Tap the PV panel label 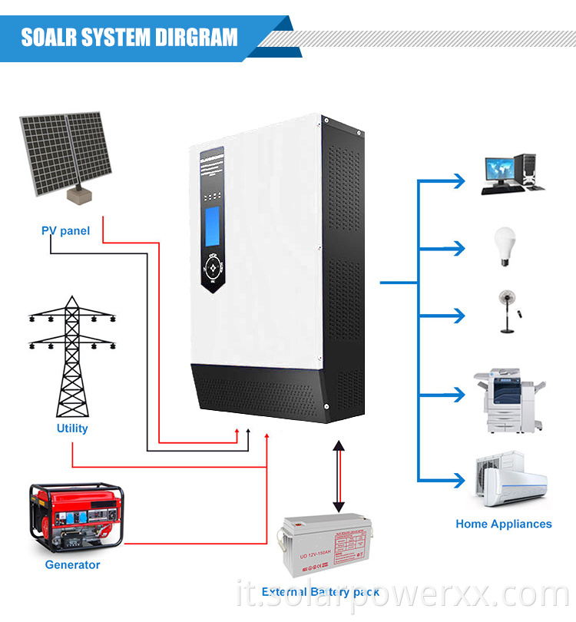point(65,230)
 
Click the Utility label point(72,428)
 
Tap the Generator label point(72,564)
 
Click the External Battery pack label point(320,592)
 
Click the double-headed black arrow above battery point(338,476)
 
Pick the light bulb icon point(505,246)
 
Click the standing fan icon point(508,310)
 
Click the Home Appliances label point(503,524)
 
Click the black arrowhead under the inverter point(248,435)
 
